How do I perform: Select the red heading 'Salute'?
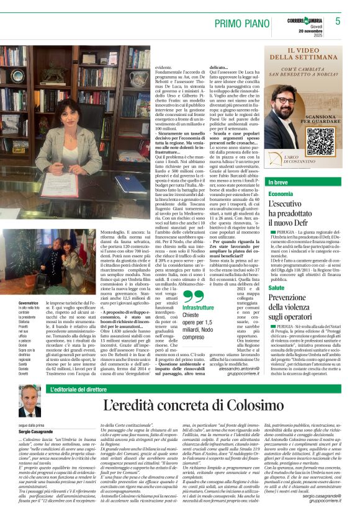click(277, 288)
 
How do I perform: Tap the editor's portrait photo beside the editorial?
click(29, 401)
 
